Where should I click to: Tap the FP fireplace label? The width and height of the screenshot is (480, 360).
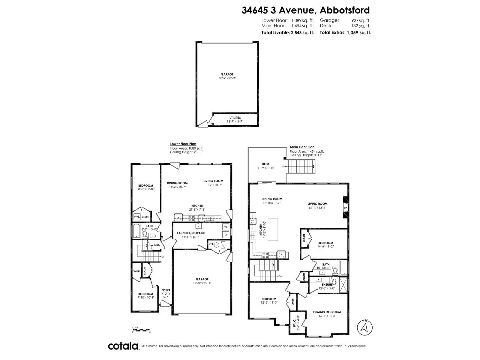tap(345, 208)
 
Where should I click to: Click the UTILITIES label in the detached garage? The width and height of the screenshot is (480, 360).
tap(235, 118)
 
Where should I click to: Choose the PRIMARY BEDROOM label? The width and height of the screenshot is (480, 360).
tap(327, 312)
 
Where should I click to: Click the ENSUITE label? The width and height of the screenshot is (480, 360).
tap(327, 284)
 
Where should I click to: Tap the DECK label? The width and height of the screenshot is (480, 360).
tap(265, 164)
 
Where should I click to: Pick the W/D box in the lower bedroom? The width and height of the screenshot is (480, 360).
tap(137, 217)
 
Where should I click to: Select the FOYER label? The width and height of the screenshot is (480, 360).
tap(166, 290)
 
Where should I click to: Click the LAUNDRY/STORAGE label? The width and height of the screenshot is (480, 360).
tap(191, 233)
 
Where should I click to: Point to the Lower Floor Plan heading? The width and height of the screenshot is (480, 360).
tap(183, 144)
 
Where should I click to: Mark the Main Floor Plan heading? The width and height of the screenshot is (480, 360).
tap(302, 147)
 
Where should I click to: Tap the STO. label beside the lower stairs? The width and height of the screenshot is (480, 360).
tap(157, 245)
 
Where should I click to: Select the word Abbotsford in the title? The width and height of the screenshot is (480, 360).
tap(345, 10)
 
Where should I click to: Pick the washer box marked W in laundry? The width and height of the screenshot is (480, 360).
tap(226, 226)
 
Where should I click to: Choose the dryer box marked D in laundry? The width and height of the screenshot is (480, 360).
tap(226, 234)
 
